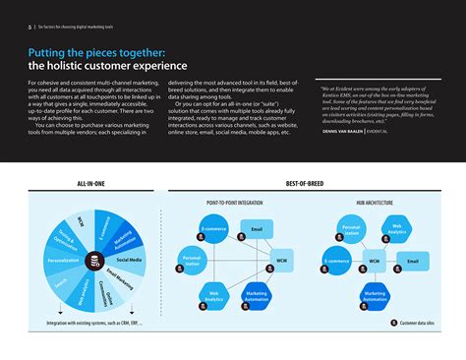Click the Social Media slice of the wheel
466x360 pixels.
pos(130,261)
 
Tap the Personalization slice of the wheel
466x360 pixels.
pos(62,261)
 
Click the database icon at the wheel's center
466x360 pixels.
pos(94,261)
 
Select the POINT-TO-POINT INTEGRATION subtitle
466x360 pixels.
pos(233,202)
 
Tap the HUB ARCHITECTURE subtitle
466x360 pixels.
pos(374,202)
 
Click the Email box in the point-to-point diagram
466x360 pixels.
pos(256,229)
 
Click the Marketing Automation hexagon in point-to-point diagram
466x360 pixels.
pos(257,294)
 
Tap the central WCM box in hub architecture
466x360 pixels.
pos(374,262)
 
